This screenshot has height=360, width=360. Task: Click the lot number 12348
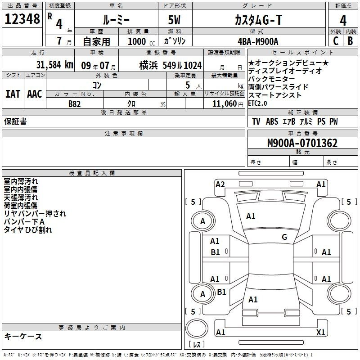pos(22,19)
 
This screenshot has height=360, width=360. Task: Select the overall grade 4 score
pos(343,21)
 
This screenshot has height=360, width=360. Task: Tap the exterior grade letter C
pos(336,41)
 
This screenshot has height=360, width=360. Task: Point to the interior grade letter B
pos(350,41)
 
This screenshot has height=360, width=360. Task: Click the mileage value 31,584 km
pos(54,65)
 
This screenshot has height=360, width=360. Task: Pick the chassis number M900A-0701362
pos(302,143)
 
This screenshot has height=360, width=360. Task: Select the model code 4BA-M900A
pos(258,41)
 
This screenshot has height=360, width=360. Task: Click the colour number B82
pos(75,104)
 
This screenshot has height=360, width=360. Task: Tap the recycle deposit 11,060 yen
pos(228,104)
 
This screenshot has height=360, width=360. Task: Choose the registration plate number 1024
pos(193,65)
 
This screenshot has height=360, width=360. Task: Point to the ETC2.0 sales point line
pos(257,103)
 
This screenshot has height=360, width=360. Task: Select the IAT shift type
pos(13,94)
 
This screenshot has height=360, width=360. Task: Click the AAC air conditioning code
pos(35,94)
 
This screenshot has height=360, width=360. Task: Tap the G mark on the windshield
pos(284,237)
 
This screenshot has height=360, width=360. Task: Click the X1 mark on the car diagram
pos(320,332)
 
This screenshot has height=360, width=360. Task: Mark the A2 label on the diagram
pos(220,184)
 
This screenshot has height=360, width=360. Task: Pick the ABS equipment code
pos(272,121)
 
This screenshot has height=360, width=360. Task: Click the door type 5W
pos(174,20)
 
